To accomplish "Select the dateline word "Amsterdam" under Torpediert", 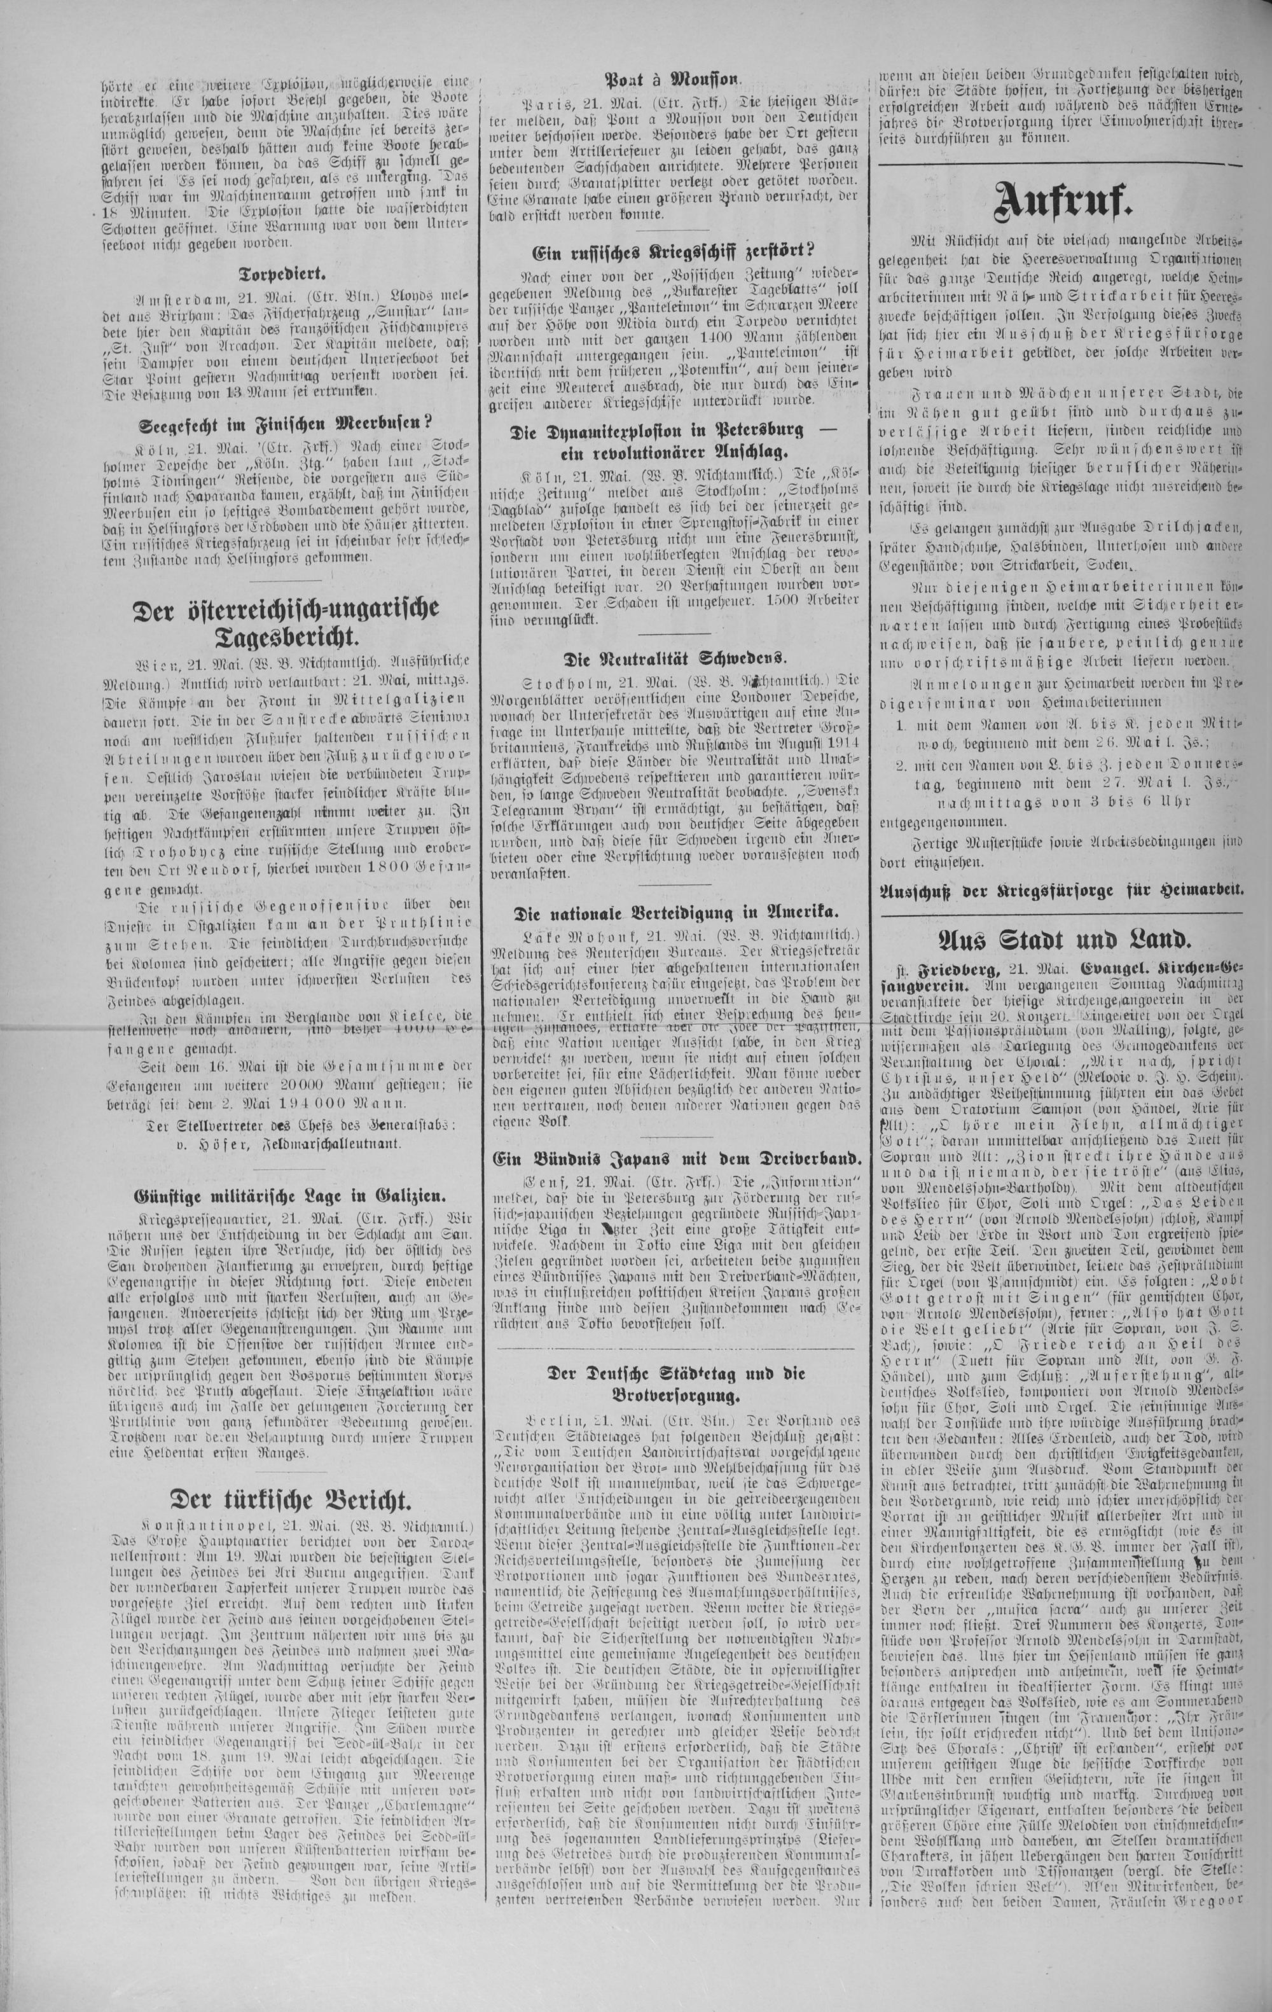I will point(173,298).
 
